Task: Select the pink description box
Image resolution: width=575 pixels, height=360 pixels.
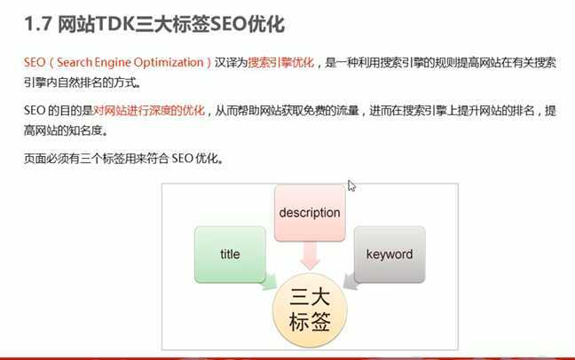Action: pyautogui.click(x=309, y=213)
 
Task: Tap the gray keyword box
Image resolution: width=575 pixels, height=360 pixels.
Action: pyautogui.click(x=389, y=254)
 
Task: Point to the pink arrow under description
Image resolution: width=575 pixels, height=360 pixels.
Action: pyautogui.click(x=309, y=257)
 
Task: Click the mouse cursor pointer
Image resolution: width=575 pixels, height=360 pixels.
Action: pyautogui.click(x=351, y=185)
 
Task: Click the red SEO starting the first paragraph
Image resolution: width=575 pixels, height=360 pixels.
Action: pyautogui.click(x=34, y=64)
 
